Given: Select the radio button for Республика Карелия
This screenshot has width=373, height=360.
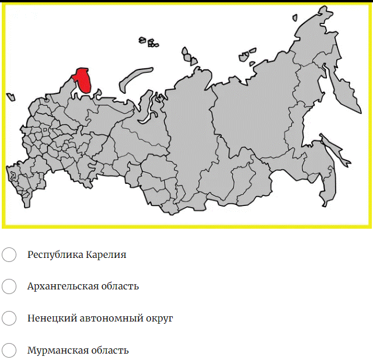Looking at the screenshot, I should [x=9, y=255].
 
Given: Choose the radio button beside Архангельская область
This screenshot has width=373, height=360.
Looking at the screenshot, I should [x=9, y=286].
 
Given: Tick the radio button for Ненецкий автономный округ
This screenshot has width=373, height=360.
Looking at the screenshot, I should [x=9, y=319].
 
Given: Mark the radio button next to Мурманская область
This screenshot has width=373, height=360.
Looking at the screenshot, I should [x=9, y=350].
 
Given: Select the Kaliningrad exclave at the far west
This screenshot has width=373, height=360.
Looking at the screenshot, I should [x=11, y=97].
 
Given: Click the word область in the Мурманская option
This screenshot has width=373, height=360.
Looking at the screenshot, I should [x=108, y=350].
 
